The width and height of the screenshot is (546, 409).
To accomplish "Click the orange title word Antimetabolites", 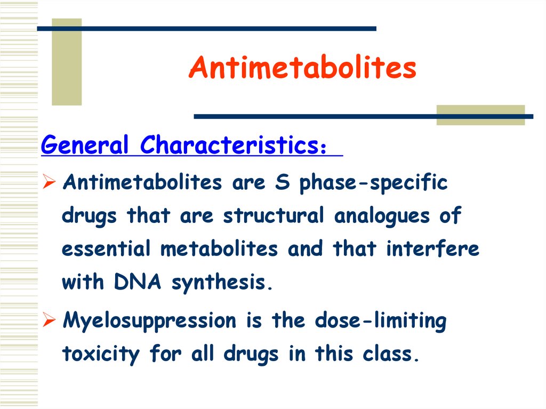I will [x=302, y=68].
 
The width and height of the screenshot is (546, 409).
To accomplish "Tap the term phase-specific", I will [x=373, y=183].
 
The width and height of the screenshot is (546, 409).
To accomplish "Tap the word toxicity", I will [x=101, y=354].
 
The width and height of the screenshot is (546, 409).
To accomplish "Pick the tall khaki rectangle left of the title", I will [x=67, y=62].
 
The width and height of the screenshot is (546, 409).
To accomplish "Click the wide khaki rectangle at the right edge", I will [x=480, y=115].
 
